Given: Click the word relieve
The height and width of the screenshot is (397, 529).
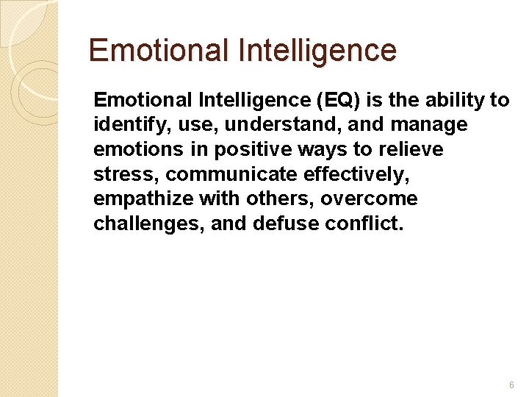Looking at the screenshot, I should pos(411,149).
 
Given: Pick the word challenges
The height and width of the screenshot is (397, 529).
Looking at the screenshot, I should pos(148,223).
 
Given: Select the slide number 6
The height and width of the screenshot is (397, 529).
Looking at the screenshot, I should pos(511,385).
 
